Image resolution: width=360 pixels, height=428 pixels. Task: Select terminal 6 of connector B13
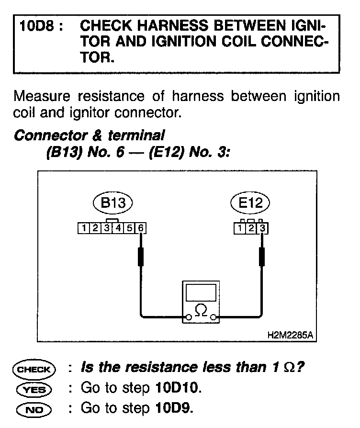point(140,228)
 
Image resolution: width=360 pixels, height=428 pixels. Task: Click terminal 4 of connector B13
point(118,228)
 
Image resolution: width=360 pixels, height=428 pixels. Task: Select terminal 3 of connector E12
point(262,228)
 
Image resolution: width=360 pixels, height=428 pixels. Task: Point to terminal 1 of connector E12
point(239,228)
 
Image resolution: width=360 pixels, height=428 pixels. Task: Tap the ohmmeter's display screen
point(201,293)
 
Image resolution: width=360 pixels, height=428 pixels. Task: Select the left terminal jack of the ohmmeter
point(189,316)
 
